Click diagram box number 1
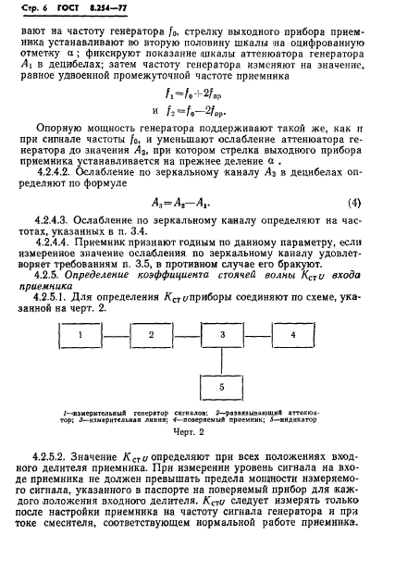coord(81,333)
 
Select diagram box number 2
coord(151,333)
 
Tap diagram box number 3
coord(220,333)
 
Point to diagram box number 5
coord(220,385)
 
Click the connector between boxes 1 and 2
coord(117,333)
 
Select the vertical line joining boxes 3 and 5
coord(220,359)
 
